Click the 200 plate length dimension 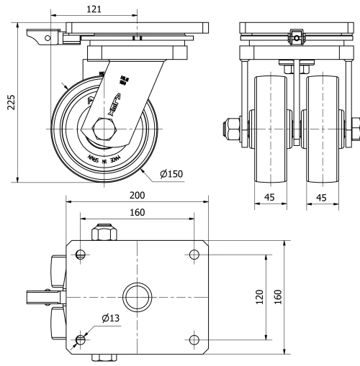(138, 195)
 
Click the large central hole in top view (136, 296)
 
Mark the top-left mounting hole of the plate (80, 254)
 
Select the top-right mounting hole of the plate (194, 254)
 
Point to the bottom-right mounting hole (194, 339)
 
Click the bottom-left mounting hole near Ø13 (80, 339)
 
